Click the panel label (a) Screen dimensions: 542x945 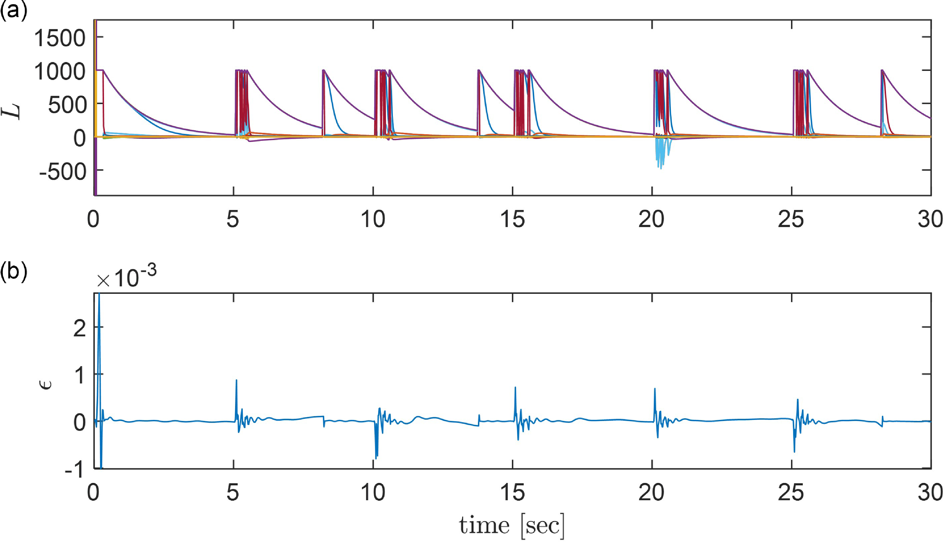pos(13,11)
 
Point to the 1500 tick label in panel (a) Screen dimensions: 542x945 pos(60,38)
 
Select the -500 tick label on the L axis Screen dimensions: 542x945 pos(62,172)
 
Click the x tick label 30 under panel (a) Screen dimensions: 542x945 pos(930,219)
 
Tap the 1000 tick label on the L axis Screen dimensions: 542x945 pos(60,71)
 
